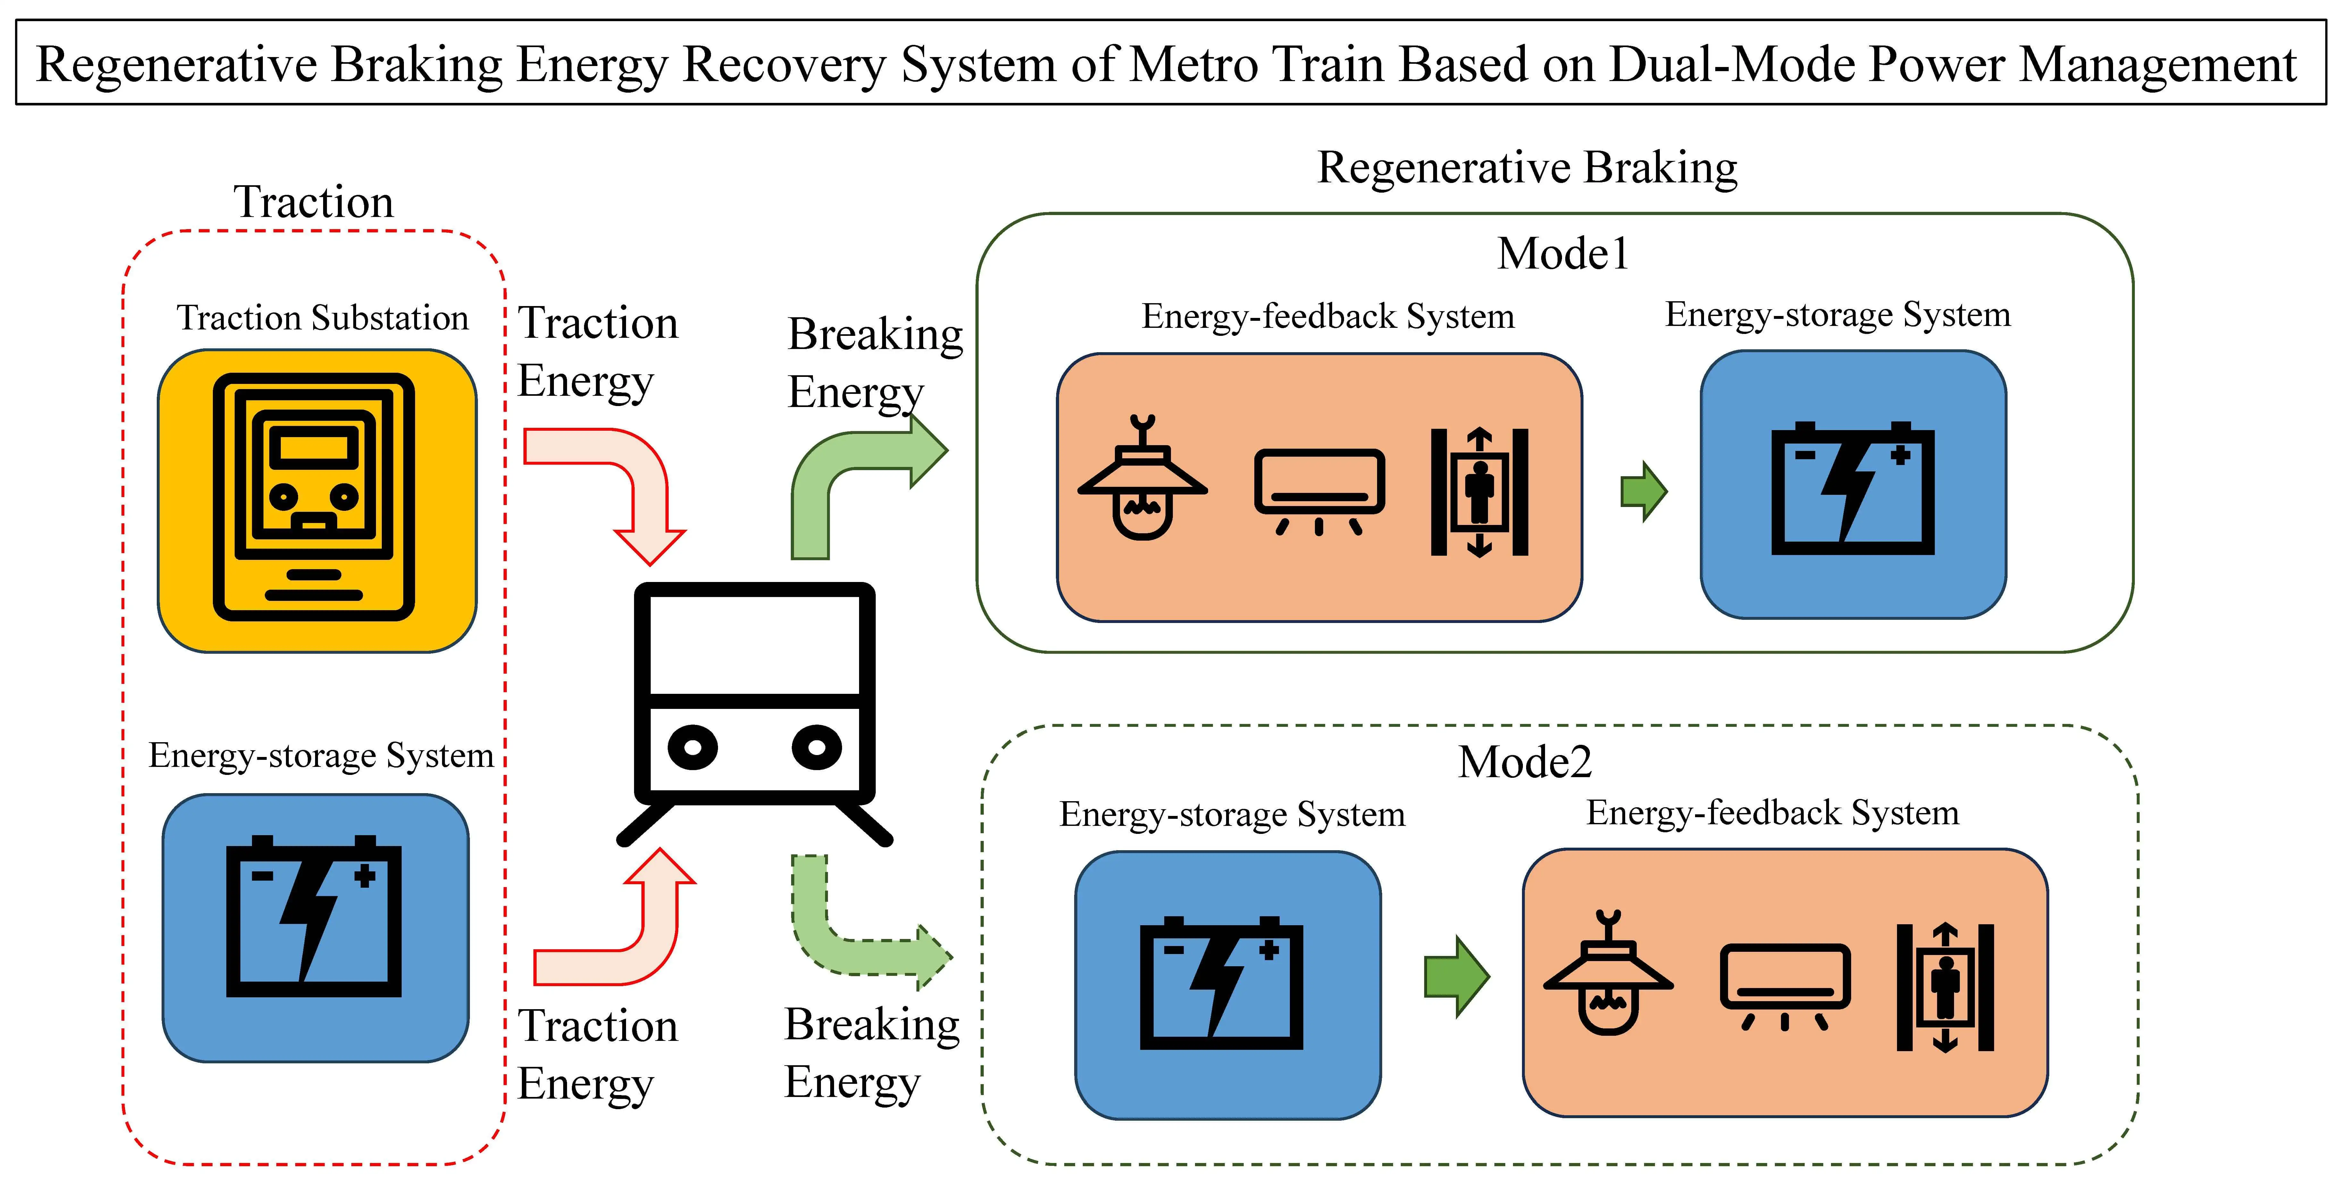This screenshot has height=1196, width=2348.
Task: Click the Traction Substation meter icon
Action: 313,497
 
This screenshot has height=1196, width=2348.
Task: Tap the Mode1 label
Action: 1562,253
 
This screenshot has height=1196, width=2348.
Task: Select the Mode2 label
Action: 1525,762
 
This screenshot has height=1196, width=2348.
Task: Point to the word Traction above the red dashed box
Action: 313,202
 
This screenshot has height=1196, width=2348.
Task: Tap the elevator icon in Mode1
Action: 1479,492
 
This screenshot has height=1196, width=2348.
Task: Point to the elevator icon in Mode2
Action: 1945,987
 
